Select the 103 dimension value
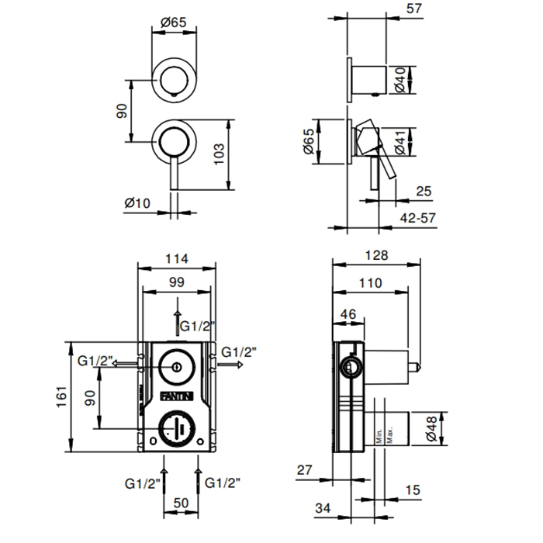click(x=220, y=154)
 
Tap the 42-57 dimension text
click(x=417, y=219)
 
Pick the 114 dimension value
click(x=177, y=259)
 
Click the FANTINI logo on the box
click(x=177, y=396)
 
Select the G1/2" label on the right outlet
click(x=238, y=351)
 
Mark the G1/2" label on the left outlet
click(x=96, y=361)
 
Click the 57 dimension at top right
click(x=414, y=9)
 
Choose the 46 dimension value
click(x=348, y=314)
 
